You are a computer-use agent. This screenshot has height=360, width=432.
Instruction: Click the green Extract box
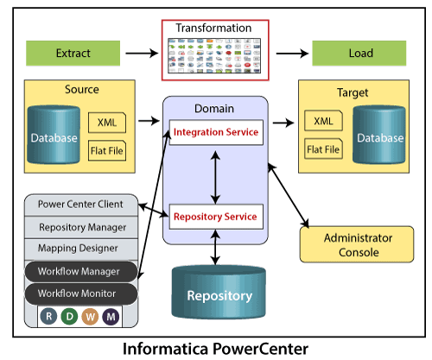tap(73, 54)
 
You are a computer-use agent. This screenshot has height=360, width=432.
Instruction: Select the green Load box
tap(359, 54)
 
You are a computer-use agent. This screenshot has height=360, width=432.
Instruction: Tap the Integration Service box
tap(216, 132)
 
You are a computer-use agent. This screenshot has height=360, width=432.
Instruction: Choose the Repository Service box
tap(216, 217)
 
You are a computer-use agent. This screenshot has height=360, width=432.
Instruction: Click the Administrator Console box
tap(357, 244)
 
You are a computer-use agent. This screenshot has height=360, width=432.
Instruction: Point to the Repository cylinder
tap(219, 292)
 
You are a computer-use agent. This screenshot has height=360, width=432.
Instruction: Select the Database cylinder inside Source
tap(54, 135)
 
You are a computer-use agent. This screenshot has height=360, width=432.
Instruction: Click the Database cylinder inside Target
tap(379, 135)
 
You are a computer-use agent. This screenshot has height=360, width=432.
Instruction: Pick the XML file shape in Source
tap(107, 123)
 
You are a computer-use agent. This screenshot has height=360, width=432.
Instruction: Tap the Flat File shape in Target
tap(323, 148)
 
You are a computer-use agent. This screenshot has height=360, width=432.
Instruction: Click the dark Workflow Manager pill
tap(81, 271)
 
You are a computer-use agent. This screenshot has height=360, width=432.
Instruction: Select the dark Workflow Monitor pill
tap(81, 294)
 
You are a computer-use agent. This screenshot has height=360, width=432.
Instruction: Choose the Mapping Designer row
tap(81, 249)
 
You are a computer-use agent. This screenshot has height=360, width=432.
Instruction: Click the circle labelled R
tap(48, 317)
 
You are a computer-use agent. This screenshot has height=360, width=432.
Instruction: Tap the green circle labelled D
tap(69, 317)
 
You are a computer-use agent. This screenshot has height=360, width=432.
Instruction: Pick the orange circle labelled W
tap(90, 317)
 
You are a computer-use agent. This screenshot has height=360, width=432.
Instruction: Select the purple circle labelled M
tap(111, 317)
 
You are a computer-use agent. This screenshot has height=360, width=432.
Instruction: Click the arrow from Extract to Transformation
tap(142, 54)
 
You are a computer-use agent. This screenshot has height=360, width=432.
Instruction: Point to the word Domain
tap(214, 109)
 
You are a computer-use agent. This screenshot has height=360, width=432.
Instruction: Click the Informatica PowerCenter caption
tap(215, 349)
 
